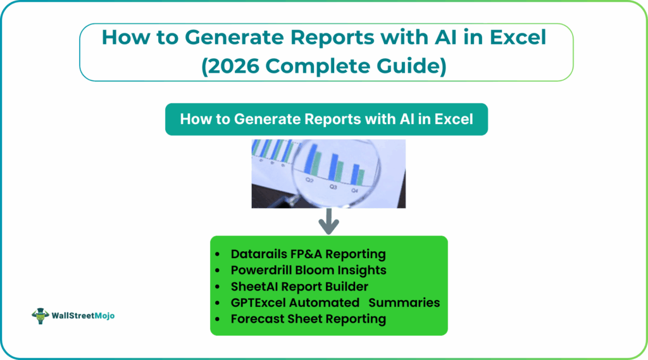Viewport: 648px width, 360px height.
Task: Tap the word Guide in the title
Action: (x=414, y=66)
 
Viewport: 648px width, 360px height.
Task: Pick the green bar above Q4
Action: (x=363, y=177)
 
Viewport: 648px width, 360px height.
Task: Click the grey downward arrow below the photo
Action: (x=328, y=223)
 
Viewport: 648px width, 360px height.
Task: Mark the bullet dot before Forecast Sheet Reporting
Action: (x=219, y=320)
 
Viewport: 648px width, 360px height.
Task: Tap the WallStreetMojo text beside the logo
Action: (x=83, y=316)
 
